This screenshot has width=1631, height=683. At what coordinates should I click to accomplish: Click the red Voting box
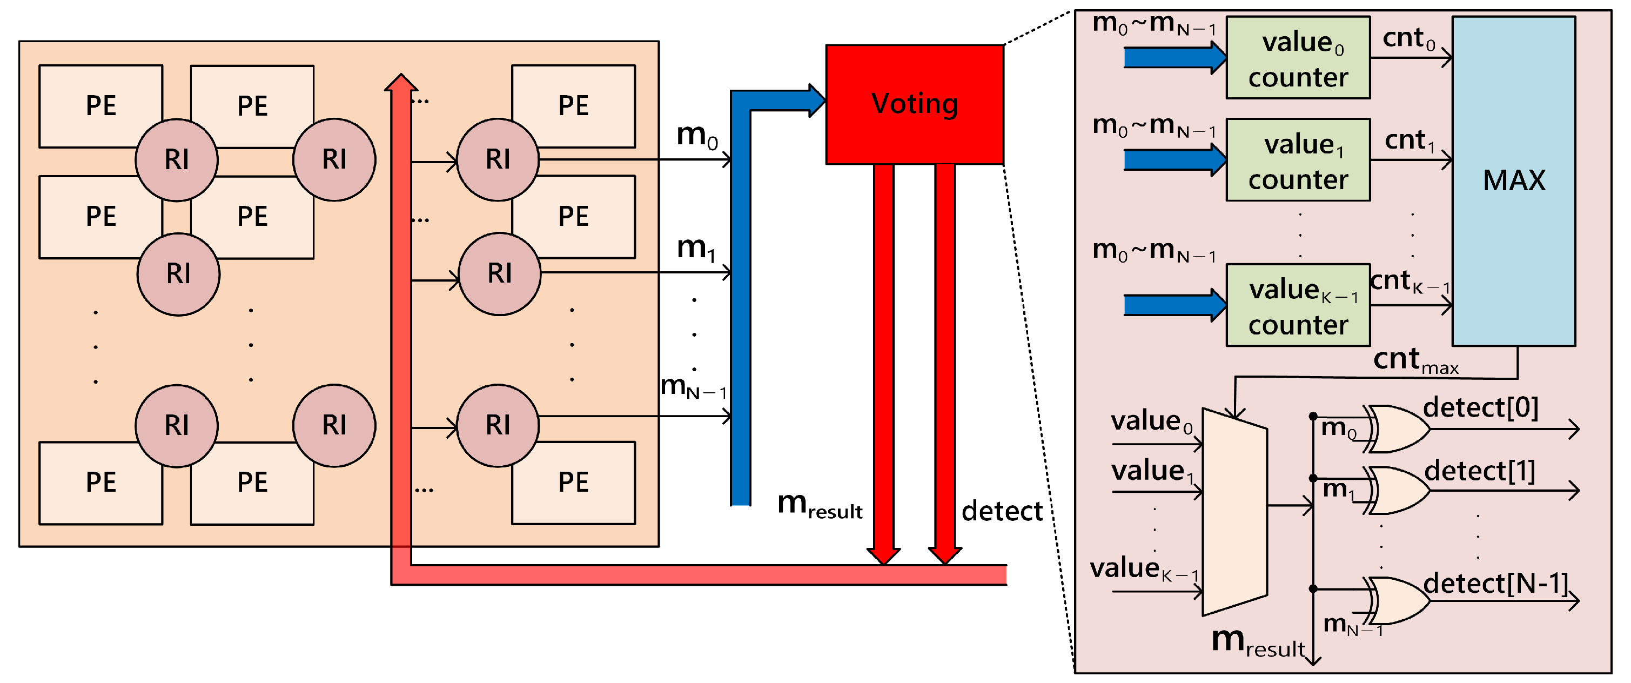pos(914,104)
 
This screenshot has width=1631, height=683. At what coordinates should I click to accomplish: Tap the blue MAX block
pos(1513,180)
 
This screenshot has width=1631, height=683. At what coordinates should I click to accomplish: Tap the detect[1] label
pos(1479,472)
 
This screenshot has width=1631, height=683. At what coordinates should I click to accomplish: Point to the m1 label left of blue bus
pos(695,248)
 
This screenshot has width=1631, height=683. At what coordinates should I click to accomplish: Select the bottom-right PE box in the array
pos(573,483)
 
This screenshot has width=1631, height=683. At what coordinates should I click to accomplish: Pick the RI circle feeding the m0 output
pos(498,159)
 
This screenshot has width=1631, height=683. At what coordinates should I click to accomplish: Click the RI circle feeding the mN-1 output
pos(498,425)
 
